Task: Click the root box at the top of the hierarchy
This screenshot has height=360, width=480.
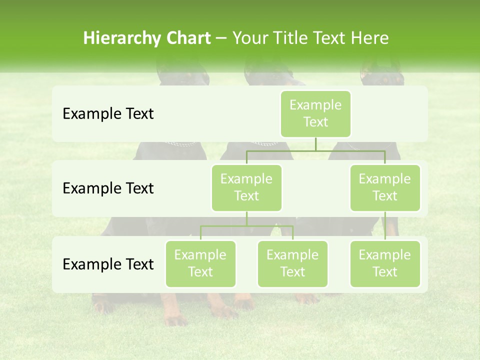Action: point(315,114)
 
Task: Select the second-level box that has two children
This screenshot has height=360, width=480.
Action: point(246,188)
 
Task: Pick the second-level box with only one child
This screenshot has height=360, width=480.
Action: point(385,188)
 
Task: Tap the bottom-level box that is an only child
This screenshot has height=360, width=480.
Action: point(385,264)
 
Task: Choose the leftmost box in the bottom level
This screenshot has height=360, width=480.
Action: point(200,264)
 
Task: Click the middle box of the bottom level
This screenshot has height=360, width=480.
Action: point(292,264)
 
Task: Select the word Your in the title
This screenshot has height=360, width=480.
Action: point(248,38)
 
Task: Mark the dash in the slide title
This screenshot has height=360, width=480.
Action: point(221,38)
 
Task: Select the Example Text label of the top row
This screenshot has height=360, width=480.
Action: point(108,114)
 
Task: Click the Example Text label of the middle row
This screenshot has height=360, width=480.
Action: point(108,188)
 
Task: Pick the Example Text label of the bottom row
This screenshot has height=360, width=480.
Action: point(108,264)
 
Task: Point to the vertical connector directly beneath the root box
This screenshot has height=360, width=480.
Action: point(315,144)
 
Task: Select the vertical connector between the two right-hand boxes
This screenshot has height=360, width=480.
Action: point(385,226)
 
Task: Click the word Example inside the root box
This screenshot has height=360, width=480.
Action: point(315,105)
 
